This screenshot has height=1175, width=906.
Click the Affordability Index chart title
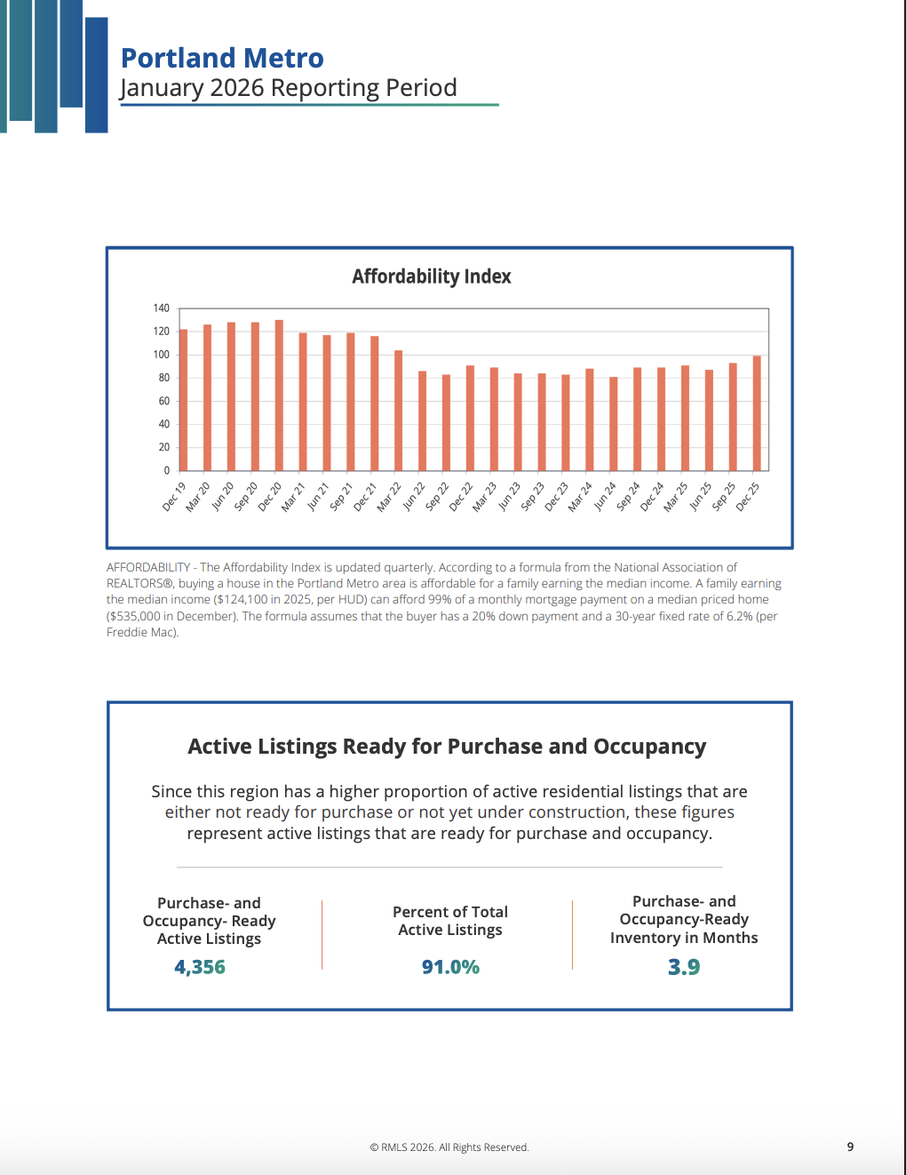pos(432,276)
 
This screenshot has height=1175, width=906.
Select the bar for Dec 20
pos(279,396)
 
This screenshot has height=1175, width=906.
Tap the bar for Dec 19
pos(184,400)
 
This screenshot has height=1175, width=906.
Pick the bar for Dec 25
pos(757,413)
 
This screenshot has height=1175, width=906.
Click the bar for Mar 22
pos(399,411)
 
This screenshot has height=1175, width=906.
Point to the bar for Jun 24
pos(614,424)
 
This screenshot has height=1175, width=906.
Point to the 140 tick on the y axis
pos(161,308)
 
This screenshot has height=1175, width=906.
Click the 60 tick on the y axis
pos(164,401)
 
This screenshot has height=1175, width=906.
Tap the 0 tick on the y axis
pos(166,470)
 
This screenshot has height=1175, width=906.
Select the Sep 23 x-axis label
pos(532,497)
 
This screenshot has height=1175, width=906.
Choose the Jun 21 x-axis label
pos(318,497)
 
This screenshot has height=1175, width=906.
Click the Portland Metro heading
pos(222,58)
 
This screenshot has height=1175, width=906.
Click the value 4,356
pos(200,967)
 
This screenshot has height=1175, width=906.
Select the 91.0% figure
pos(450,967)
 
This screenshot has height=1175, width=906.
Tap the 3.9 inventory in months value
pos(684,967)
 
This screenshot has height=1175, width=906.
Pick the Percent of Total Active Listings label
pos(450,921)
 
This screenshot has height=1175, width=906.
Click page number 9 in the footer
pos(850,1147)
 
